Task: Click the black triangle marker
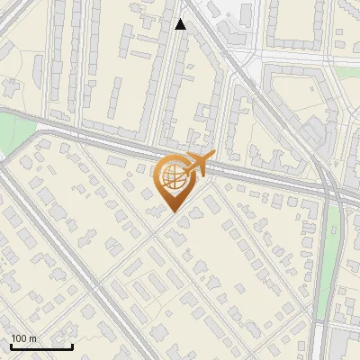(x=181, y=24)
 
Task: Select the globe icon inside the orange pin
(x=171, y=177)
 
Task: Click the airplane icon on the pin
(x=199, y=164)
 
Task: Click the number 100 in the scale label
(x=18, y=338)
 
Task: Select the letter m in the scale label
(x=32, y=338)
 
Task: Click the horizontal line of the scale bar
(x=41, y=346)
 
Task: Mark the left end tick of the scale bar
(x=11, y=345)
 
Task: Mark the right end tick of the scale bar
(x=72, y=345)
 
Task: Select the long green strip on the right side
(x=331, y=261)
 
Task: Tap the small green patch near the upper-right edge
(x=347, y=96)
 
